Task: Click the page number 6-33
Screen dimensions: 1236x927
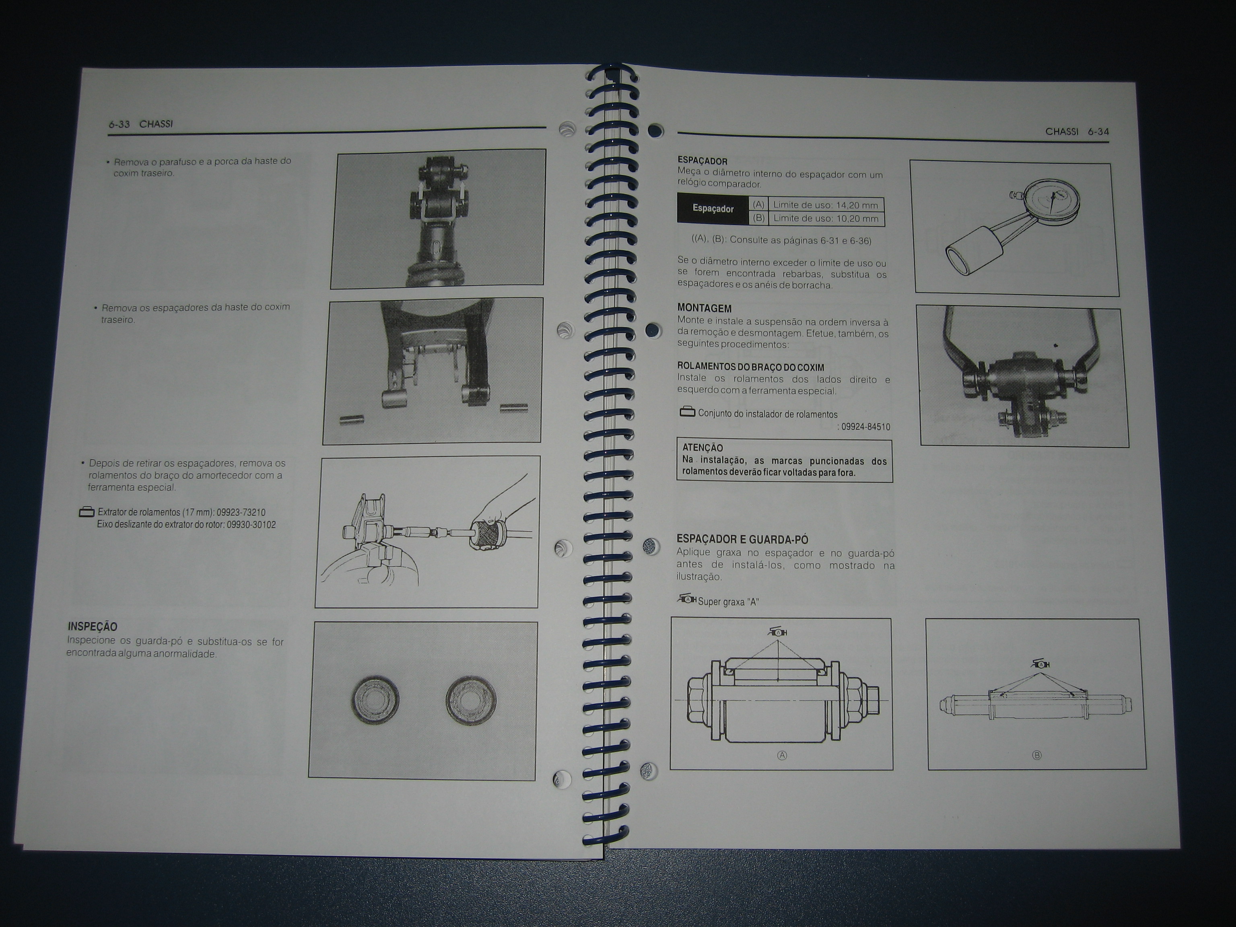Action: [119, 124]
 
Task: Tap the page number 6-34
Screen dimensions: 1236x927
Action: [1098, 132]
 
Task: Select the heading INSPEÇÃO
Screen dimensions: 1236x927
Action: [92, 627]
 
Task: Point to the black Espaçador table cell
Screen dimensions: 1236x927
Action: [713, 208]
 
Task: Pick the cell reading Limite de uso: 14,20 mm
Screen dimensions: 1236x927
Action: [826, 204]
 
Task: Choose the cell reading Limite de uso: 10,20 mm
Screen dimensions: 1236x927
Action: [826, 218]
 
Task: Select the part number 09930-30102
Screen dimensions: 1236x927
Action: [251, 525]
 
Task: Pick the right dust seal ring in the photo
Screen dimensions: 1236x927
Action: [471, 701]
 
